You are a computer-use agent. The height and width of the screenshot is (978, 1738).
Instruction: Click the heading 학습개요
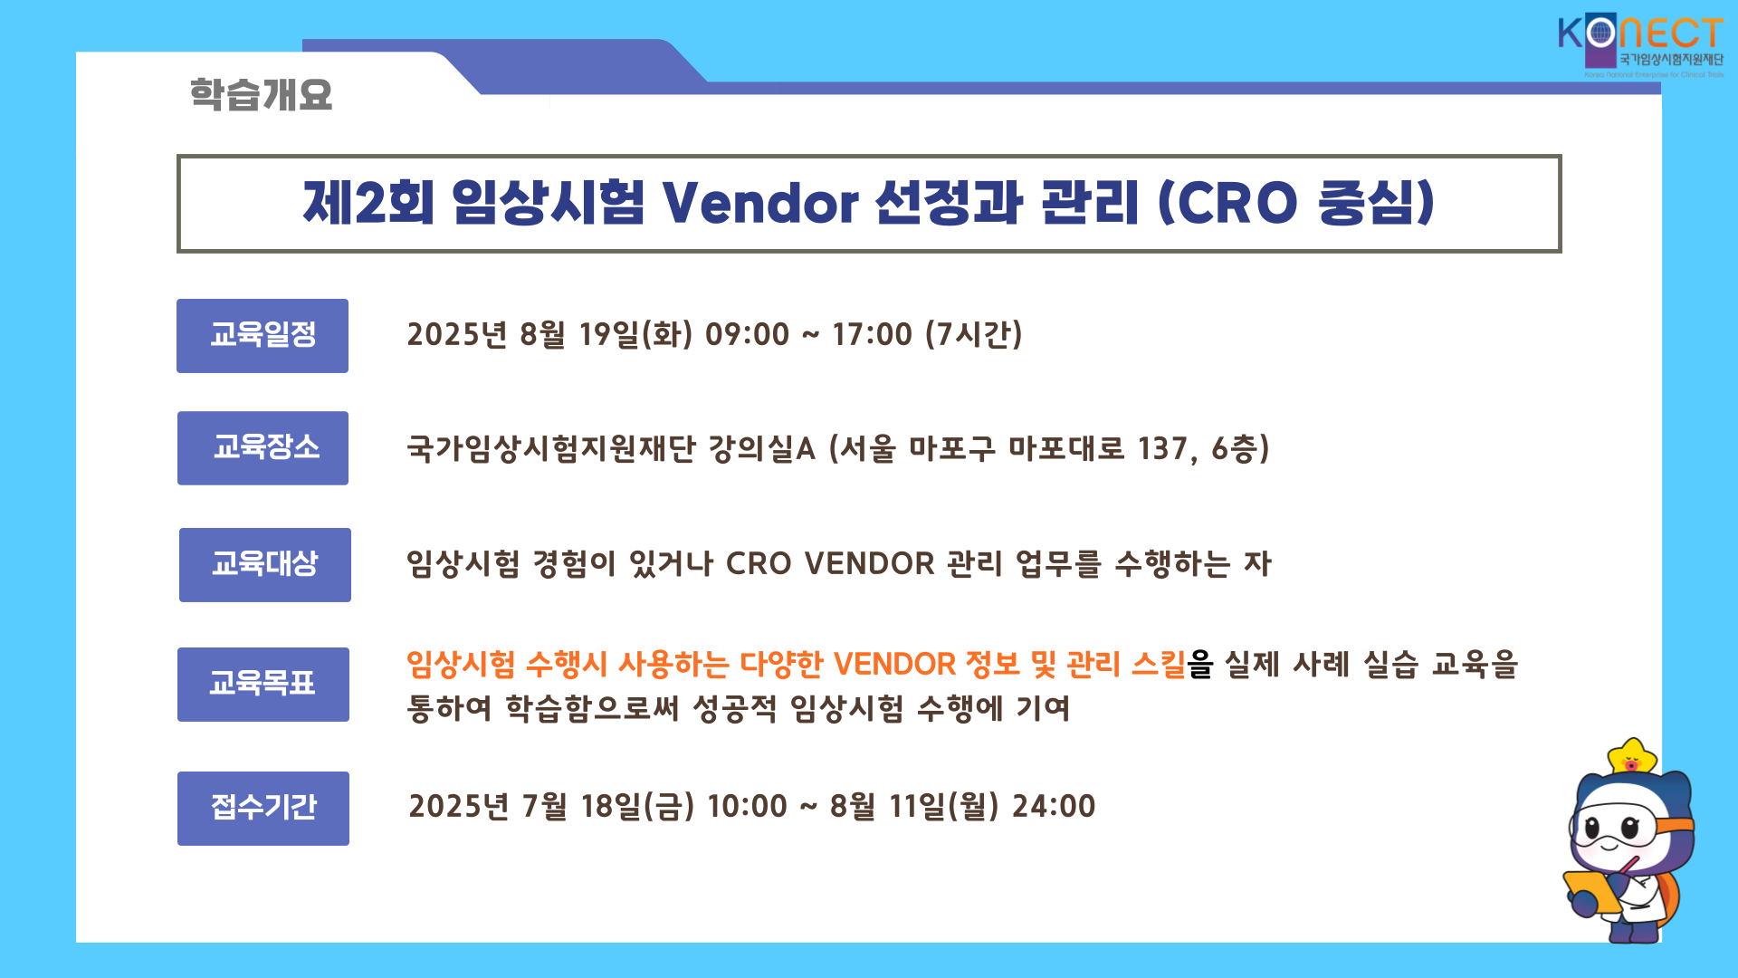tap(261, 94)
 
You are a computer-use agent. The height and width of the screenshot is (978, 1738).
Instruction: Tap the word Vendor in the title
tap(759, 202)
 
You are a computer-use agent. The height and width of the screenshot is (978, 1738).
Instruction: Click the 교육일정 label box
tap(263, 336)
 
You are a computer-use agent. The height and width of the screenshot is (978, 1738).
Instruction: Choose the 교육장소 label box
tap(263, 448)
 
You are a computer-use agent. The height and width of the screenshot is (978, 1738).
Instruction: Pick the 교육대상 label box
tap(265, 565)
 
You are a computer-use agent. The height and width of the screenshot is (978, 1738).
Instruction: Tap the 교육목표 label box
tap(263, 685)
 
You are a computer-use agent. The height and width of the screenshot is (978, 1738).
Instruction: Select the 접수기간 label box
tap(263, 809)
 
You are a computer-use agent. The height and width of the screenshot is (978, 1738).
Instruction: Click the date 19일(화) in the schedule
tap(635, 334)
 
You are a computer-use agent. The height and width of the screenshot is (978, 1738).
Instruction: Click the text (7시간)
tap(974, 334)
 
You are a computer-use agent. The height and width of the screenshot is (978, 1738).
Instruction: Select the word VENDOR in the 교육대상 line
tap(869, 563)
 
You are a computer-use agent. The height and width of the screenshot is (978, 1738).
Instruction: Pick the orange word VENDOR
tap(894, 664)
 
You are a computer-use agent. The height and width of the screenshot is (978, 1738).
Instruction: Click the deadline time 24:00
tap(1054, 806)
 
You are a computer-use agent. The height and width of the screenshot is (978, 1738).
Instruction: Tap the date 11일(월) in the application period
tap(944, 806)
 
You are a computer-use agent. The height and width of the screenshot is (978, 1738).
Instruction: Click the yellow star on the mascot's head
tap(1631, 757)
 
